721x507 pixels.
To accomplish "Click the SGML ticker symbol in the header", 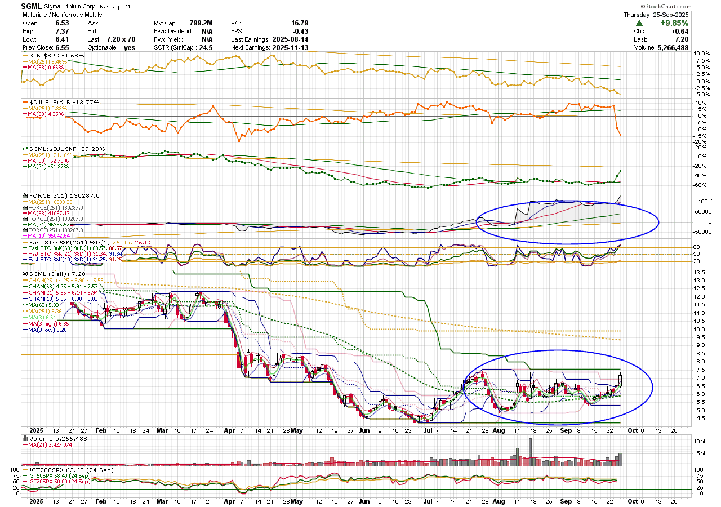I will pos(32,6).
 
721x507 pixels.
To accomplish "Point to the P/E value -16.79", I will pos(297,23).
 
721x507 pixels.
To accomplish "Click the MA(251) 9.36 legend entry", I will pos(41,310).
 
